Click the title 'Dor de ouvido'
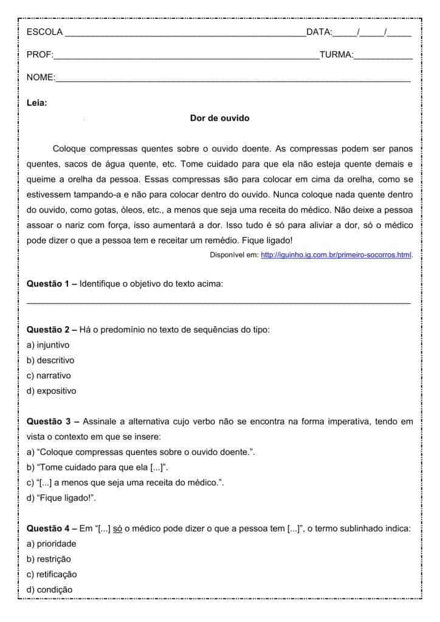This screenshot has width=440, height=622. pyautogui.click(x=219, y=118)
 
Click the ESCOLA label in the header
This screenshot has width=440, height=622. pyautogui.click(x=44, y=32)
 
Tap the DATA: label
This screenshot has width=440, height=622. pyautogui.click(x=319, y=32)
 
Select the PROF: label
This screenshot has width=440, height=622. pyautogui.click(x=40, y=55)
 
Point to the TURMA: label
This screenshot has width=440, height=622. pyautogui.click(x=336, y=55)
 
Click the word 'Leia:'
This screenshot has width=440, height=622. pyautogui.click(x=37, y=103)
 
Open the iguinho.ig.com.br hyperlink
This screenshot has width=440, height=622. pyautogui.click(x=336, y=255)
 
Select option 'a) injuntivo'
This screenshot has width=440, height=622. pyautogui.click(x=48, y=344)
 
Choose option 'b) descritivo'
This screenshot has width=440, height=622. pyautogui.click(x=50, y=360)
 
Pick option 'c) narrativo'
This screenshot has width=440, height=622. pyautogui.click(x=49, y=375)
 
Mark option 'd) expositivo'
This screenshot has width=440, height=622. pyautogui.click(x=52, y=391)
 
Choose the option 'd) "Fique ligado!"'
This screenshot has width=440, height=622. pyautogui.click(x=61, y=498)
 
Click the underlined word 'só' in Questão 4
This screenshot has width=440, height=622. pyautogui.click(x=119, y=528)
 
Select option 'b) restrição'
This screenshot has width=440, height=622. pyautogui.click(x=49, y=559)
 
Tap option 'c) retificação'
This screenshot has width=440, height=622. pyautogui.click(x=52, y=574)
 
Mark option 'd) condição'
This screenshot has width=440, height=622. pyautogui.click(x=49, y=589)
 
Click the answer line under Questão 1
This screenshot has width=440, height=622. pyautogui.click(x=219, y=302)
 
